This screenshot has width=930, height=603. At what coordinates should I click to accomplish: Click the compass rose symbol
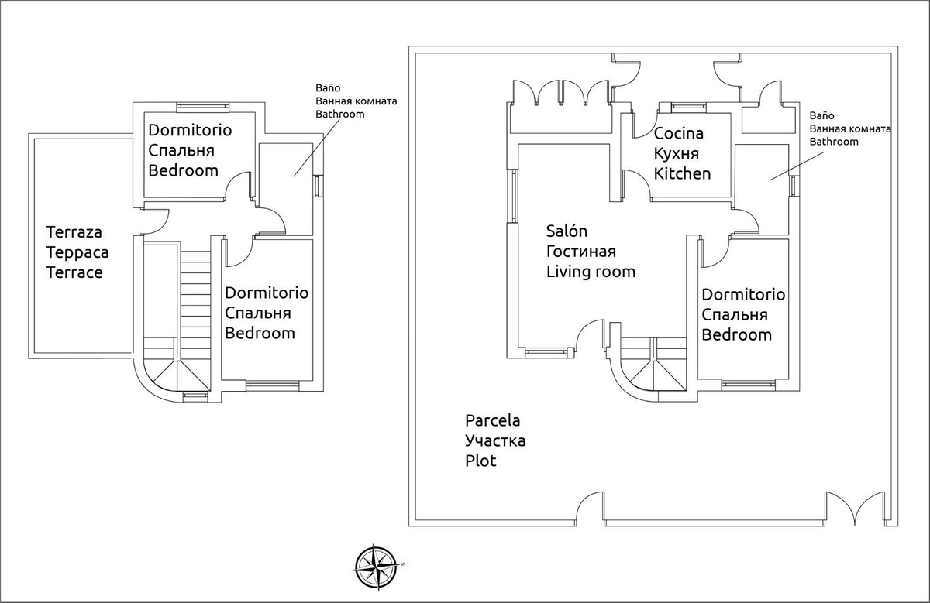click(x=376, y=565)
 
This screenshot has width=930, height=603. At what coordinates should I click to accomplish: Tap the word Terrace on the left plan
click(x=74, y=272)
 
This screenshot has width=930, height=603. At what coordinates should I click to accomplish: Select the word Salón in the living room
click(x=567, y=231)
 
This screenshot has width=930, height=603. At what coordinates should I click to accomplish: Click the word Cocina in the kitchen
click(x=679, y=134)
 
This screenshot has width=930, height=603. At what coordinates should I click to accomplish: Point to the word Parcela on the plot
click(x=492, y=421)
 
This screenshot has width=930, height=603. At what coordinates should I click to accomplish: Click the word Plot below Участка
click(x=480, y=461)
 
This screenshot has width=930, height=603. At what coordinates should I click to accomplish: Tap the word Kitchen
click(x=682, y=173)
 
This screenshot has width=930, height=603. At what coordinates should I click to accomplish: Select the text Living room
click(x=591, y=271)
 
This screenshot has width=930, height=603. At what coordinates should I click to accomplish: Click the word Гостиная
click(x=580, y=252)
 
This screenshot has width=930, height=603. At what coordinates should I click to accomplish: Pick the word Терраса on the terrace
click(x=77, y=252)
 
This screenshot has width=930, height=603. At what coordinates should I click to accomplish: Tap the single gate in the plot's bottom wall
click(x=591, y=506)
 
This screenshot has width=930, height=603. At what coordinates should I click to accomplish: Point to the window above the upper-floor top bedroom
click(x=202, y=107)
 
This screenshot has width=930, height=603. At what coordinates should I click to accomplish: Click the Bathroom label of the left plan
click(x=338, y=114)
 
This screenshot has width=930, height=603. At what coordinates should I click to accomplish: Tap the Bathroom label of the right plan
click(x=834, y=142)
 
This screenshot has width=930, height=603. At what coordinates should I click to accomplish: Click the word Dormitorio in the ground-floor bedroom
click(x=743, y=295)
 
